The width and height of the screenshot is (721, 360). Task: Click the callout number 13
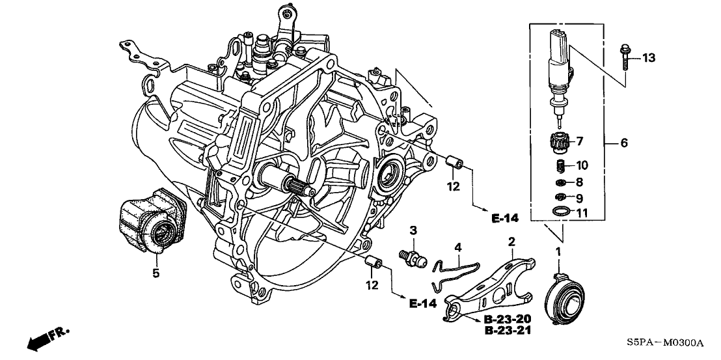point(648,58)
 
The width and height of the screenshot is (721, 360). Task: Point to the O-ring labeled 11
point(558,211)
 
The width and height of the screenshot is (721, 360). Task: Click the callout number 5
point(156,274)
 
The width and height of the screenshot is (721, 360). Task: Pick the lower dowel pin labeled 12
point(373,263)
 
